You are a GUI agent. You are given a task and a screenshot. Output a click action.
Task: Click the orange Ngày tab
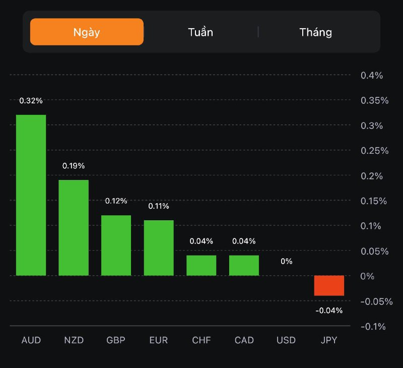coord(87,32)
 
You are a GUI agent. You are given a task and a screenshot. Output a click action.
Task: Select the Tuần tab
coord(200,32)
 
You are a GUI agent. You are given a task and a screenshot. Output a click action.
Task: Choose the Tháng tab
coord(316,32)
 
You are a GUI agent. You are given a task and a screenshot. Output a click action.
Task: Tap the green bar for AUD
coord(31,195)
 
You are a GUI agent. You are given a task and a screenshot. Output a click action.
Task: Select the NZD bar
coord(74,228)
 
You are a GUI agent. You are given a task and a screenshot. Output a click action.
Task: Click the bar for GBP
coord(116,246)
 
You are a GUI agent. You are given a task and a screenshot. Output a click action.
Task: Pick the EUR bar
coord(159,248)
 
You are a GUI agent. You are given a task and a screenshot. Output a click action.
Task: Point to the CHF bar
coord(201,265)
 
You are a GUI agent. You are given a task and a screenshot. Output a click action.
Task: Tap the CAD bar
coord(244,265)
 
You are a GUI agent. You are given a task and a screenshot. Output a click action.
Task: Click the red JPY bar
coord(329,285)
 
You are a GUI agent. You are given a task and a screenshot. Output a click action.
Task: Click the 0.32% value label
coord(31,101)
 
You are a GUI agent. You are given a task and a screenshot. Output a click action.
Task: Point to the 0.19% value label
coord(74,166)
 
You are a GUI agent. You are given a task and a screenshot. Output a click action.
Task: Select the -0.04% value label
coord(329,311)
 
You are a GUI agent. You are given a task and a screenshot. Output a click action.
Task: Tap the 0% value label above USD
coord(287,261)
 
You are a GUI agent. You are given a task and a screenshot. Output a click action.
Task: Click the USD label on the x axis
coord(286,340)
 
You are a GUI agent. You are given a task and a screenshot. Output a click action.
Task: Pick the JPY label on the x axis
coord(329,340)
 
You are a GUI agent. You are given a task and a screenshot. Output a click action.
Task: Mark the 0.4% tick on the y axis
coord(372,76)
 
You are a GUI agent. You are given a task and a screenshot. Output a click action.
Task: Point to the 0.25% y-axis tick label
coord(374,151)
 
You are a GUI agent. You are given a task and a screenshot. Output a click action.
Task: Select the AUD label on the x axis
coord(31,340)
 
